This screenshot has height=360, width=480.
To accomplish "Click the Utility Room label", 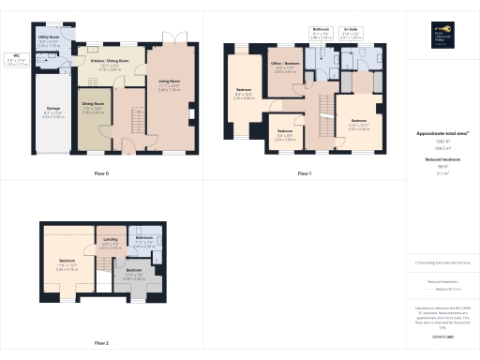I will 50,42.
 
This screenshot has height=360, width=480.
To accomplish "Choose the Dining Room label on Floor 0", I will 93,109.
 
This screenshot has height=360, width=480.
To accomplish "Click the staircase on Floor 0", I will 132,118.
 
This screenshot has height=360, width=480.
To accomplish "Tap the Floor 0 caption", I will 100,173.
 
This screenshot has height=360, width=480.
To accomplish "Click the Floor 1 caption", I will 304,173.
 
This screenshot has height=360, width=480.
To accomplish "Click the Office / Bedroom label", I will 286,68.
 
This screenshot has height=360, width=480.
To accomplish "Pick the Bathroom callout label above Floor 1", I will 321,34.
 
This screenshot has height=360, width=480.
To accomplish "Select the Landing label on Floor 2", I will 110,246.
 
